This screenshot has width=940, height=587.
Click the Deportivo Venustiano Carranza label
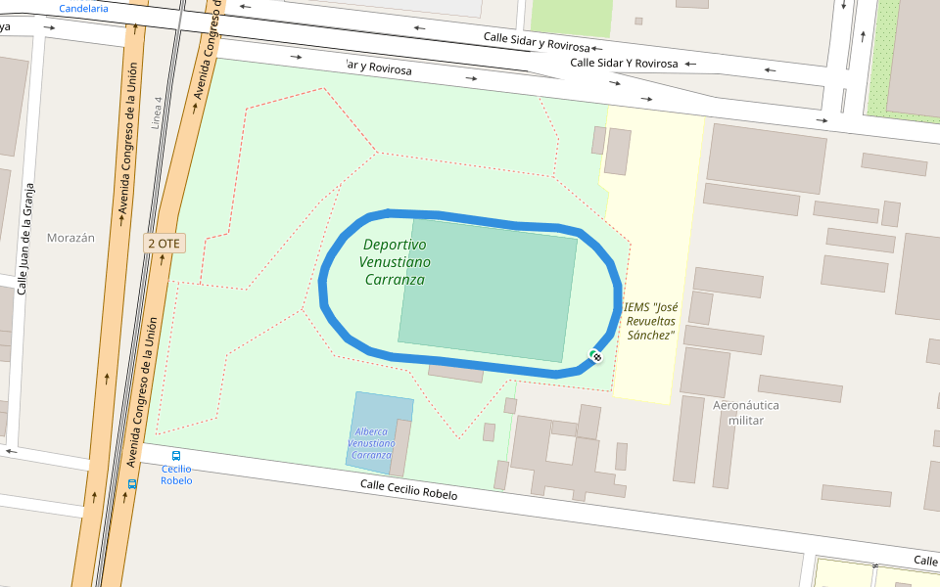tap(395, 262)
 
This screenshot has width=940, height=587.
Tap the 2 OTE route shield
tap(164, 244)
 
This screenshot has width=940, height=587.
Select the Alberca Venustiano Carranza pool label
tap(372, 443)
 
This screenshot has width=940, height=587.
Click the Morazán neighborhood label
tap(70, 238)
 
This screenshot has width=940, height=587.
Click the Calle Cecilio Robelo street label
tap(408, 490)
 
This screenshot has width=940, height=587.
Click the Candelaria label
tap(84, 8)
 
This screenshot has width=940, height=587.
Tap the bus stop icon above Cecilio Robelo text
tap(176, 456)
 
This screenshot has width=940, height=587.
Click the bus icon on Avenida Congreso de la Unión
tap(132, 483)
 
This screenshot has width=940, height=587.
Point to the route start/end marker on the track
tap(595, 356)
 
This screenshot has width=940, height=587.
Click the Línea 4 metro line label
tap(156, 113)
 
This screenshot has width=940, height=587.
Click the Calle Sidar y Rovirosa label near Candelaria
tap(537, 42)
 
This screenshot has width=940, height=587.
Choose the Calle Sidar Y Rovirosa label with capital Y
tap(624, 63)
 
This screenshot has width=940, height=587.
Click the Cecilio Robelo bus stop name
tap(176, 474)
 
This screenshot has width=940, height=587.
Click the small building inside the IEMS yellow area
tap(617, 152)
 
